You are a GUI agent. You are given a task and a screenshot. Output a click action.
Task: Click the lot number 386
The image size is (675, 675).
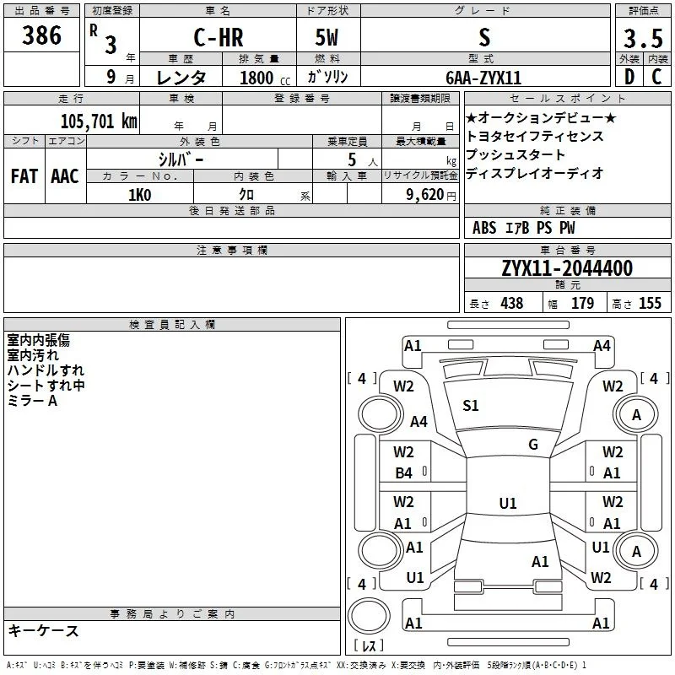click(41, 35)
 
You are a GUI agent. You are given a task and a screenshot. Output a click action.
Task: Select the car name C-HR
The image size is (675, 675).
click(219, 37)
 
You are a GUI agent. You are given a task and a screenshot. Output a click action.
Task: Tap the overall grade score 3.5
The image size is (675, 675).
click(643, 38)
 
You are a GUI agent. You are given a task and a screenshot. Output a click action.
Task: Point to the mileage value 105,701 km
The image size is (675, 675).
click(99, 121)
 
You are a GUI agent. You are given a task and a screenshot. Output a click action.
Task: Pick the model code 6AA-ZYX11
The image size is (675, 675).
click(483, 78)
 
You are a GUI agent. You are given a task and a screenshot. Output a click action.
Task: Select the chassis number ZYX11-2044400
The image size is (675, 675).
click(567, 268)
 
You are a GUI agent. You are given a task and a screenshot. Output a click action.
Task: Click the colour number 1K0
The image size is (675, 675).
click(140, 195)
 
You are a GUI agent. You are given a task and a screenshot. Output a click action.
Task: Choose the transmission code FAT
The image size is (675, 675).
click(24, 176)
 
